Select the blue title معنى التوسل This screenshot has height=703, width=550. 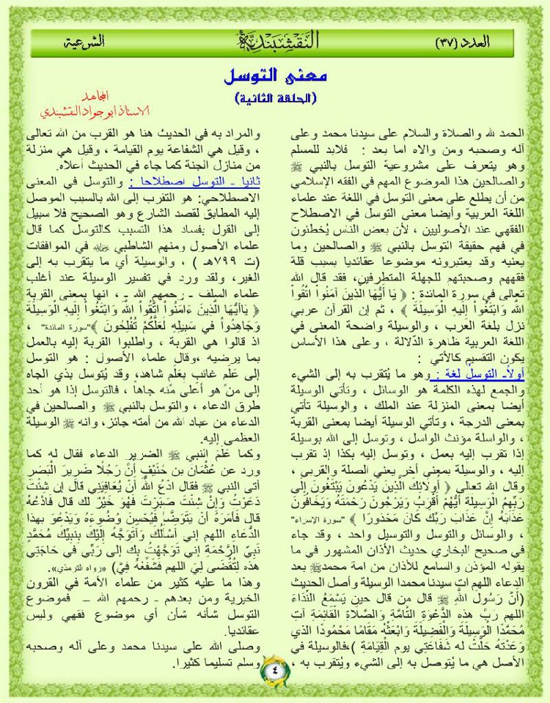pos(274,76)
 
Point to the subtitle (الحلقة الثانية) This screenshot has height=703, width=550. pos(274,97)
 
